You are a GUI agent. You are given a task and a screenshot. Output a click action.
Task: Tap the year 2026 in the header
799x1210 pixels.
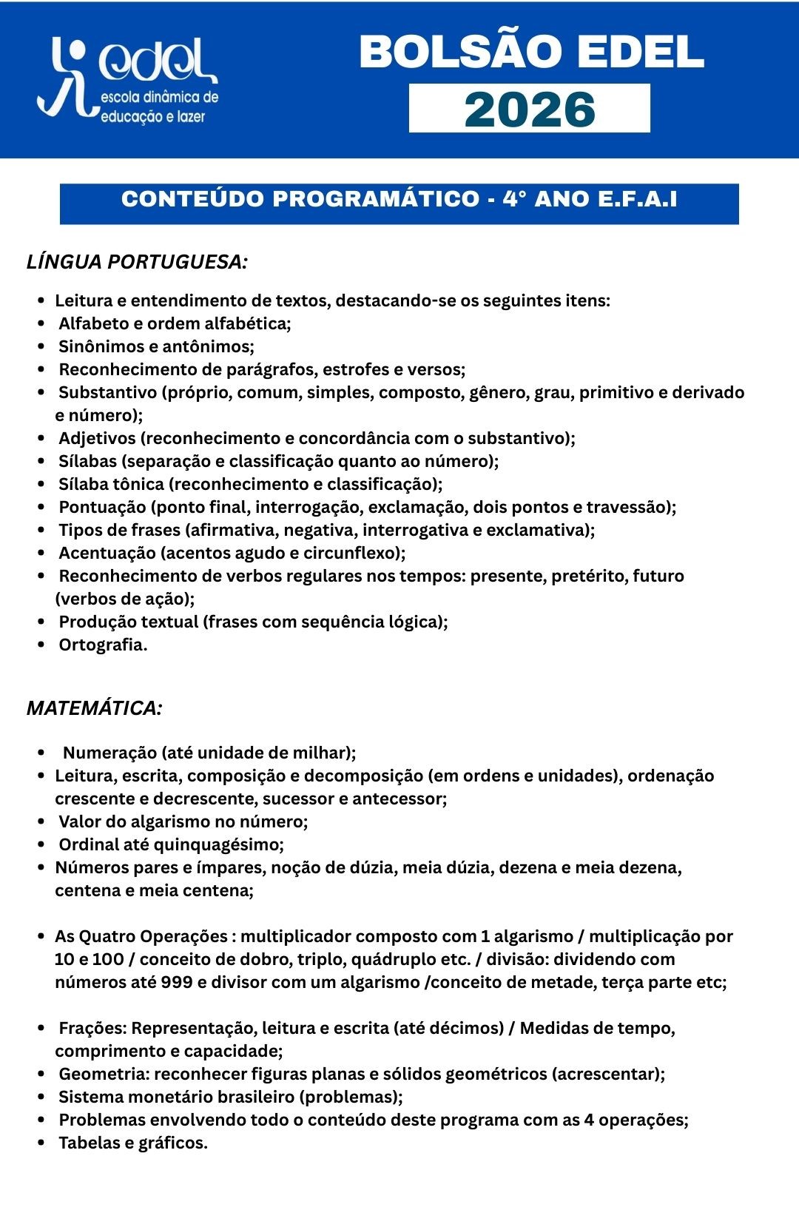coord(530,109)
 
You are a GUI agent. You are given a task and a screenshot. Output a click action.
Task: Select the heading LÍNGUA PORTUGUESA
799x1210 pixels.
coord(137,262)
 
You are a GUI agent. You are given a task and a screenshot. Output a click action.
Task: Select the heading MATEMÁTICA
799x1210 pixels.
coord(94,708)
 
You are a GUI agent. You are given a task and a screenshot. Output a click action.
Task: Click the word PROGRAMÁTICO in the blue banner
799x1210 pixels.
coord(377,199)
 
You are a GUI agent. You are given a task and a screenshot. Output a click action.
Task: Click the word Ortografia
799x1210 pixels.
coord(103,645)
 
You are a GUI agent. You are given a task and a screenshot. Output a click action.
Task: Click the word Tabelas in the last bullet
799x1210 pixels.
coord(89,1143)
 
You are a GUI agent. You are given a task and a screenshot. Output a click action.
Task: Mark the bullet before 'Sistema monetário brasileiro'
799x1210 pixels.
coord(42,1097)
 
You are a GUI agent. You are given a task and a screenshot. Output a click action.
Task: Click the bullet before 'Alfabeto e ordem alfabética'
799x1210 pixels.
coord(42,323)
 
